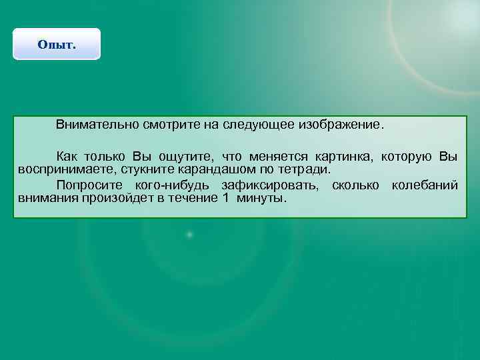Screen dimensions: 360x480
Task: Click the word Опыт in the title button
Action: coord(57,45)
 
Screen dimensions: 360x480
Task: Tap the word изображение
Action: coord(341,125)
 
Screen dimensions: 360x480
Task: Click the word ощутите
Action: coord(187,157)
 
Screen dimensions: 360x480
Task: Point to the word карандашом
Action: coord(214,169)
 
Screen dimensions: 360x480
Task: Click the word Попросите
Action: coord(91,185)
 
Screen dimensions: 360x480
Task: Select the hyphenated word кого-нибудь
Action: coord(173,185)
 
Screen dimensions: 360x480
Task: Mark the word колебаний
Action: coord(425,185)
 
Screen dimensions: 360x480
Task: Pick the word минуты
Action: coord(262,198)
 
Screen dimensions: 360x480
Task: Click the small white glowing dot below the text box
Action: coord(189,235)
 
